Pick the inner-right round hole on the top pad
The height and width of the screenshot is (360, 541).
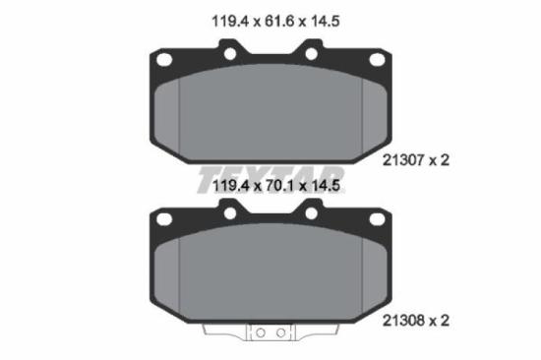point(311,52)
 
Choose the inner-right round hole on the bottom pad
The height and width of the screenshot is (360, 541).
point(311,211)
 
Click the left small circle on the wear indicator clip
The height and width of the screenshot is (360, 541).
point(261,333)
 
